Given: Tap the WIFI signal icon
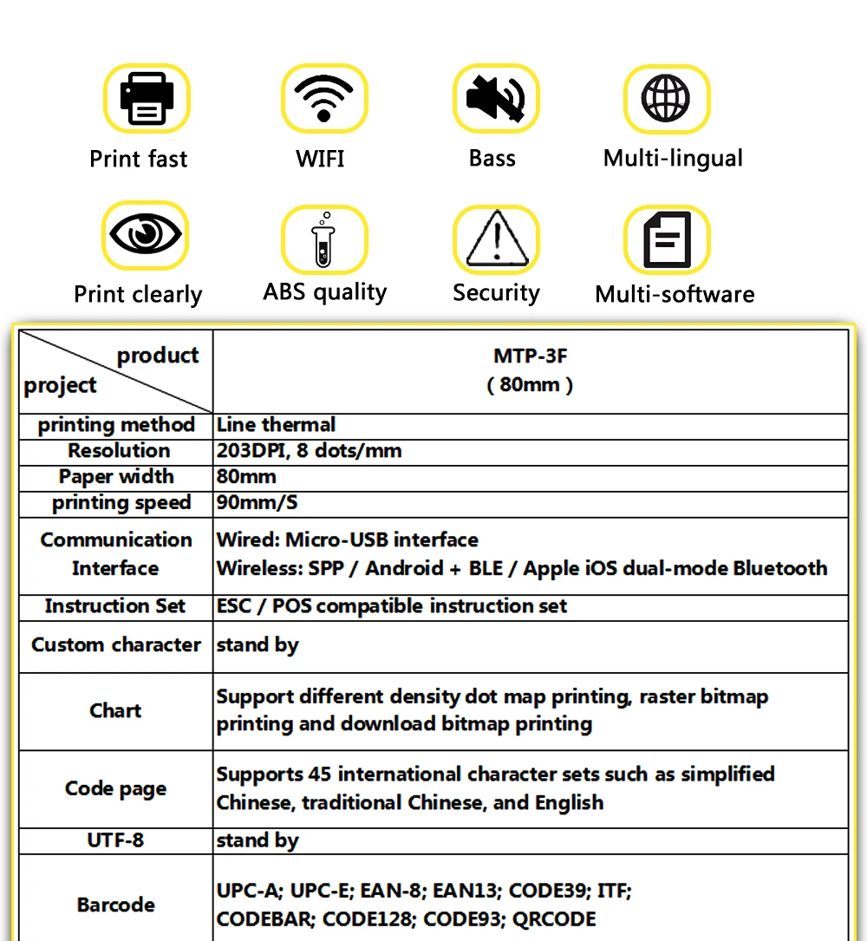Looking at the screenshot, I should pos(323,97).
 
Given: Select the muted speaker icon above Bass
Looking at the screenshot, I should pos(495,97).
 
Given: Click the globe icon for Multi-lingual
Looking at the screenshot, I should pos(666,97).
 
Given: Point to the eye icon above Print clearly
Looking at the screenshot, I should pos(144,234).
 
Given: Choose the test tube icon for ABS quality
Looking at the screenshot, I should pos(323,240).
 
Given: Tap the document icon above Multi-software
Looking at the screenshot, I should pos(667,239).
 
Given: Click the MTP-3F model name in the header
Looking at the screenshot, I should pos(530,356).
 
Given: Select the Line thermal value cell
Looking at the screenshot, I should pos(276,425).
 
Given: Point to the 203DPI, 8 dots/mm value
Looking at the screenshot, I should pos(309,451).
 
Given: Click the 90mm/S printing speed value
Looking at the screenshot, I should pos(257,503).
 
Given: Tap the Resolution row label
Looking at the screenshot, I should pos(119,451).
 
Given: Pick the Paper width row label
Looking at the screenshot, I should pos(116,477).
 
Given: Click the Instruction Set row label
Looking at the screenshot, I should pos(115,606).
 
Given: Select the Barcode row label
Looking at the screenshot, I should pos(115,905).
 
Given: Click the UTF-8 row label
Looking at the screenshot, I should pos(115,840).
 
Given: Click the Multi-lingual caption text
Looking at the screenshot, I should pos(673,159).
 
